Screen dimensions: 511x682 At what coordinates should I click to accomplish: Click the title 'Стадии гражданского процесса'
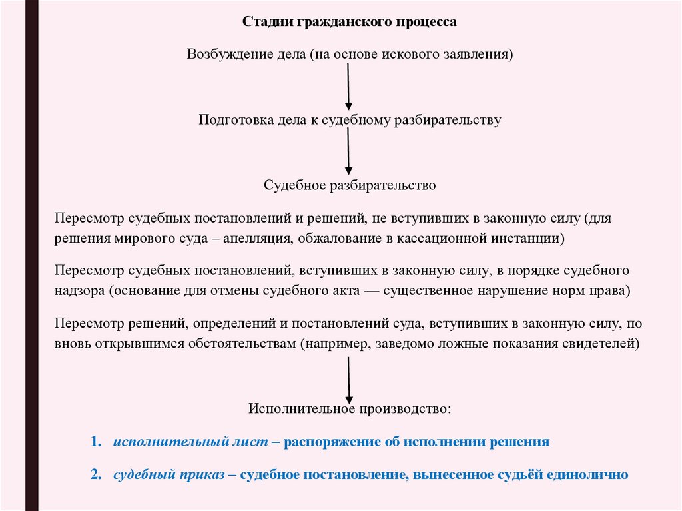349,22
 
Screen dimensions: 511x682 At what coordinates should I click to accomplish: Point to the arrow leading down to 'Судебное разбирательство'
348,151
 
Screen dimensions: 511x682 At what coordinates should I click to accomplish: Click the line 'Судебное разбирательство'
349,185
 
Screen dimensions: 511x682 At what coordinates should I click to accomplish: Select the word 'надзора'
79,291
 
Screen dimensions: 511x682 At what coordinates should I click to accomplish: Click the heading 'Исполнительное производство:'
350,408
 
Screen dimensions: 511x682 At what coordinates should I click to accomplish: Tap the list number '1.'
96,442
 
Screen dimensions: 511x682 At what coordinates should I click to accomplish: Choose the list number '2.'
96,475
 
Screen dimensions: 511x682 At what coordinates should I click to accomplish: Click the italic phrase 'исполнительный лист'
190,442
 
